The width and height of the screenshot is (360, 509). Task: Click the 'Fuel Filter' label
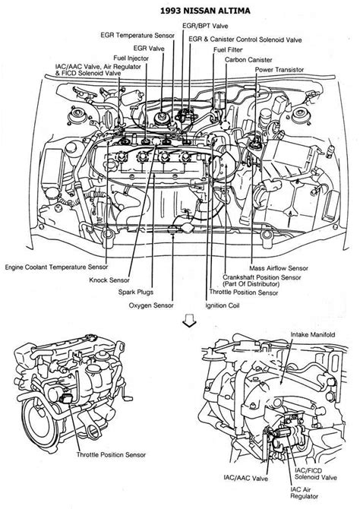pos(227,49)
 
